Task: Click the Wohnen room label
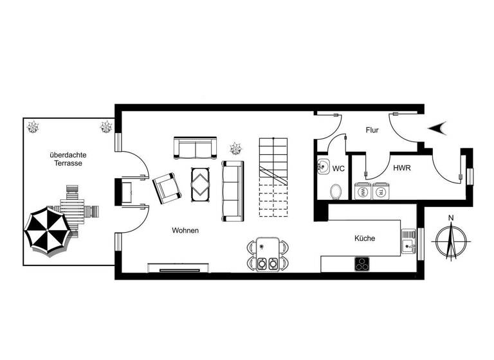click(185, 230)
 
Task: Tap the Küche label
click(365, 239)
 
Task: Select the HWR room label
click(402, 168)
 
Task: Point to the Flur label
click(371, 130)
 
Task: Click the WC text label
click(339, 168)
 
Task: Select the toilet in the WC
click(335, 191)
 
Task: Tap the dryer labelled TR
click(381, 192)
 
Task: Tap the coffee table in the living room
click(201, 183)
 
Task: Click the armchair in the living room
click(168, 187)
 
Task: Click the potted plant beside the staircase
click(236, 148)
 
